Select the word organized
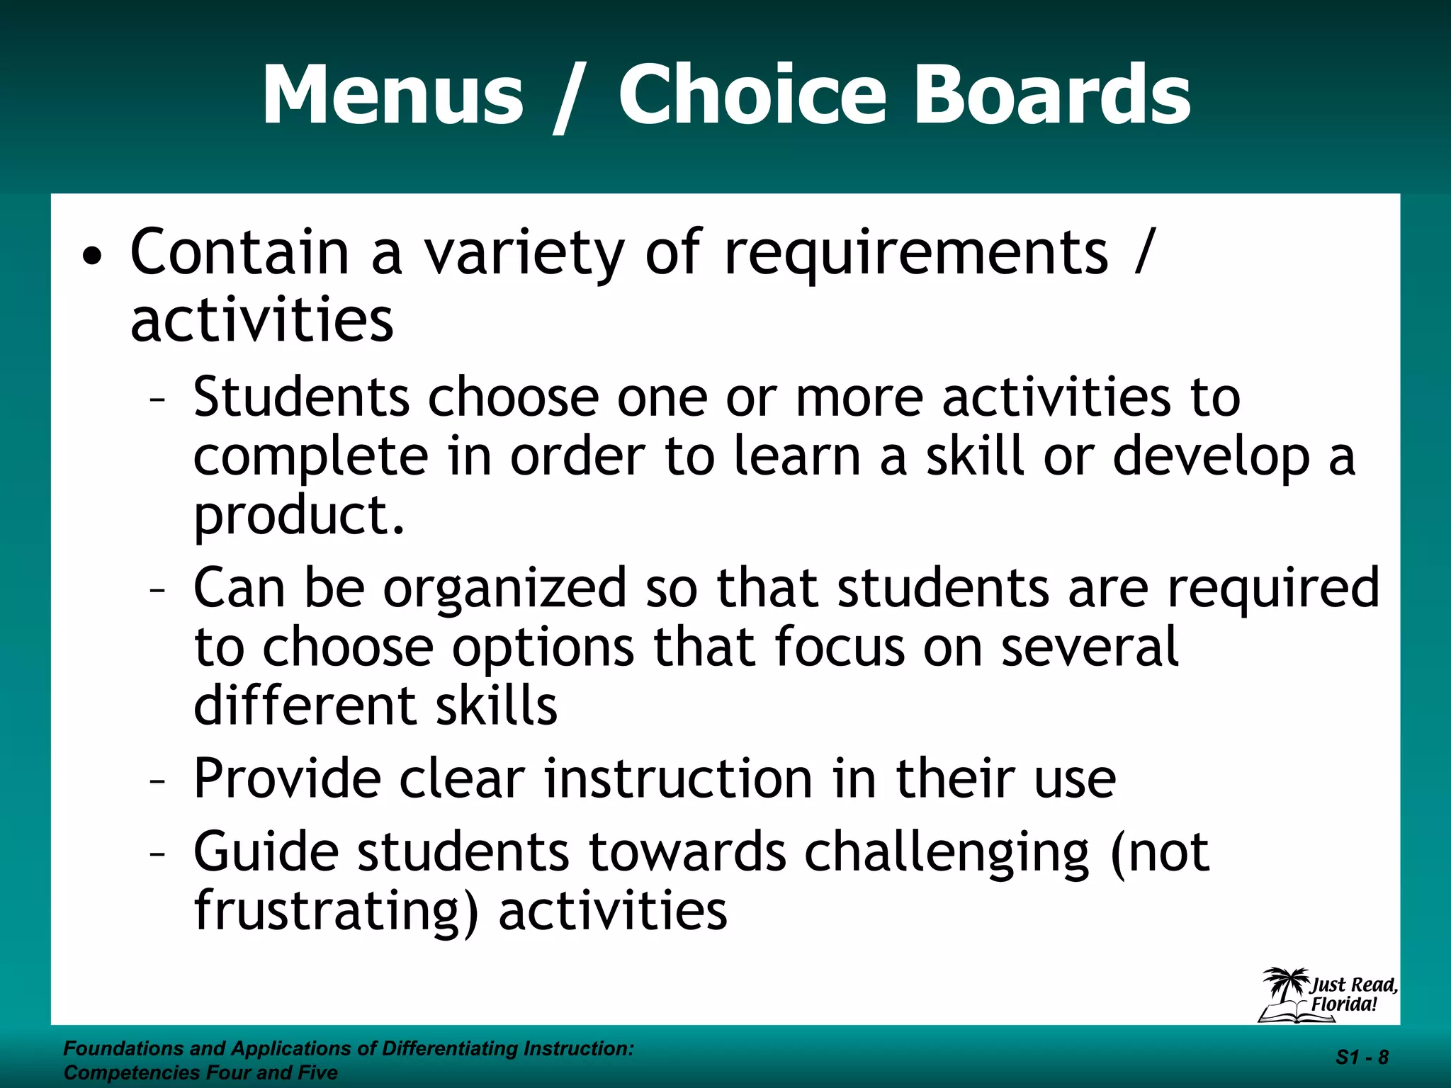pos(505,589)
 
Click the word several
pos(1089,647)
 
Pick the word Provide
pos(287,779)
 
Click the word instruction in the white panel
pos(678,779)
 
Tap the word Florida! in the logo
pos(1343,1004)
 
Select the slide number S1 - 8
pos(1362,1058)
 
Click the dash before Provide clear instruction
pos(157,782)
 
